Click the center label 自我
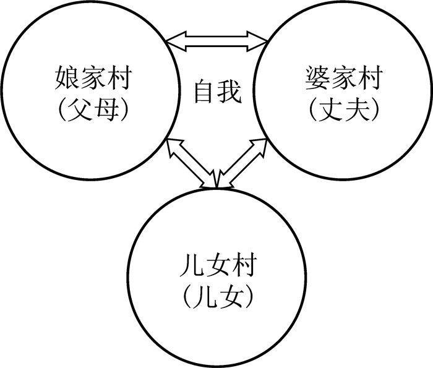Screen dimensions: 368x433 (x=216, y=93)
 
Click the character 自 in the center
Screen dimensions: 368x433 (x=204, y=93)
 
